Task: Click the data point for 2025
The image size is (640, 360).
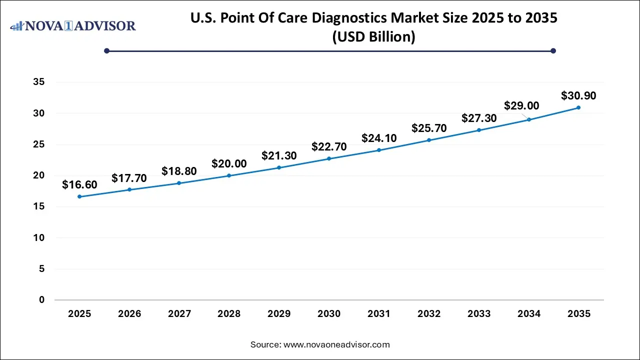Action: pos(79,196)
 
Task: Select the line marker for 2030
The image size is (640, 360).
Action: pos(329,158)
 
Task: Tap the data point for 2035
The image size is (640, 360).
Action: pos(578,107)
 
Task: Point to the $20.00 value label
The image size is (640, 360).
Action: pos(229,163)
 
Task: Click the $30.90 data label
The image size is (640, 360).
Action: pos(578,95)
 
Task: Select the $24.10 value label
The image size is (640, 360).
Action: pos(379,138)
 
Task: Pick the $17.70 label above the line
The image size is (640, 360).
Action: pos(129,177)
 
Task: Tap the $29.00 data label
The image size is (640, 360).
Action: pos(521,105)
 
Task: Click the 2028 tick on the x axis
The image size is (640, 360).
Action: pos(229,314)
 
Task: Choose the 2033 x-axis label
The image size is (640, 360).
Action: pos(479,314)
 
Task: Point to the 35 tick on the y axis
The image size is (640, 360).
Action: pos(39,82)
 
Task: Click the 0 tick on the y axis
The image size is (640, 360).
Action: pos(42,300)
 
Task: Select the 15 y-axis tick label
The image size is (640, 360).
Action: pos(39,206)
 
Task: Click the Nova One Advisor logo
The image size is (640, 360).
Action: pos(73,25)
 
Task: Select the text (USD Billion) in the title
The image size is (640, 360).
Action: pos(373,37)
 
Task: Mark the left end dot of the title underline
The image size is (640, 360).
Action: pos(106,50)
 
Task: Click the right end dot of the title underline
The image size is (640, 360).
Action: pos(553,50)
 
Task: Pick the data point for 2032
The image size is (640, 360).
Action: pos(429,140)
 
